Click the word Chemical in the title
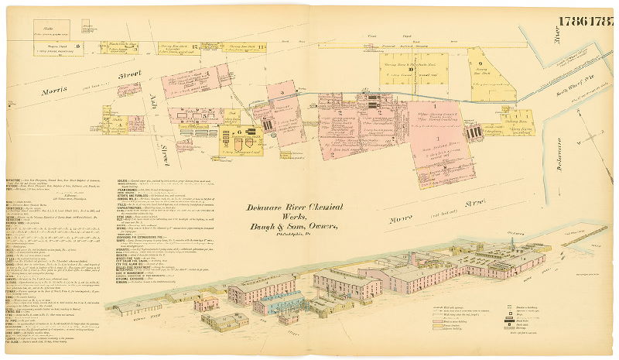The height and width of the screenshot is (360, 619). (333, 208)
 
